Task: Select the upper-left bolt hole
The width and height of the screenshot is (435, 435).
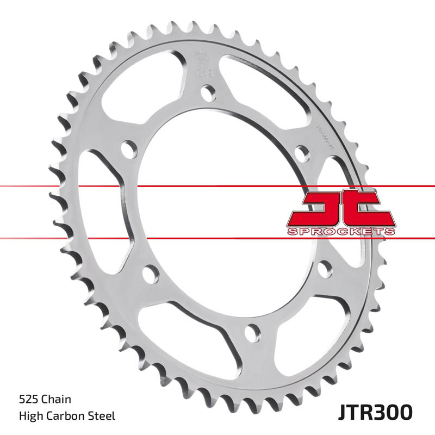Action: (x=128, y=148)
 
